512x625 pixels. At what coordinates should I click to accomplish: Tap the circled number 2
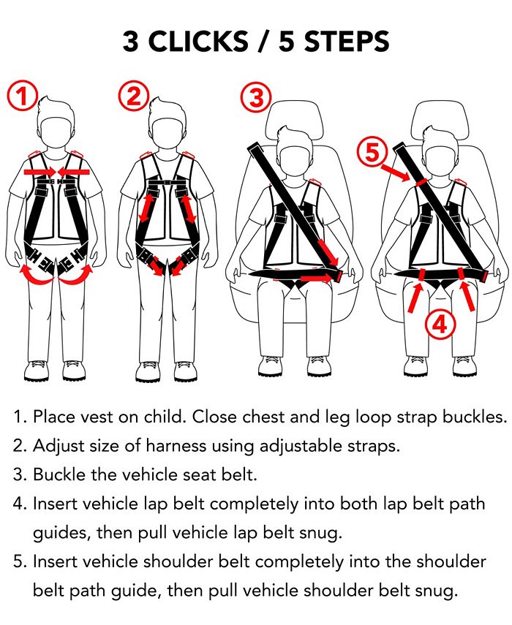click(x=133, y=96)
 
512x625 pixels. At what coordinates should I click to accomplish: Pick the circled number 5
click(x=372, y=153)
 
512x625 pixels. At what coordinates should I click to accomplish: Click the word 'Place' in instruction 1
click(x=53, y=417)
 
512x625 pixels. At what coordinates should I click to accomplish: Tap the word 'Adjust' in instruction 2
click(x=57, y=446)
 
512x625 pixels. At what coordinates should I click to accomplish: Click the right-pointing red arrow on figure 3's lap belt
click(x=315, y=279)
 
